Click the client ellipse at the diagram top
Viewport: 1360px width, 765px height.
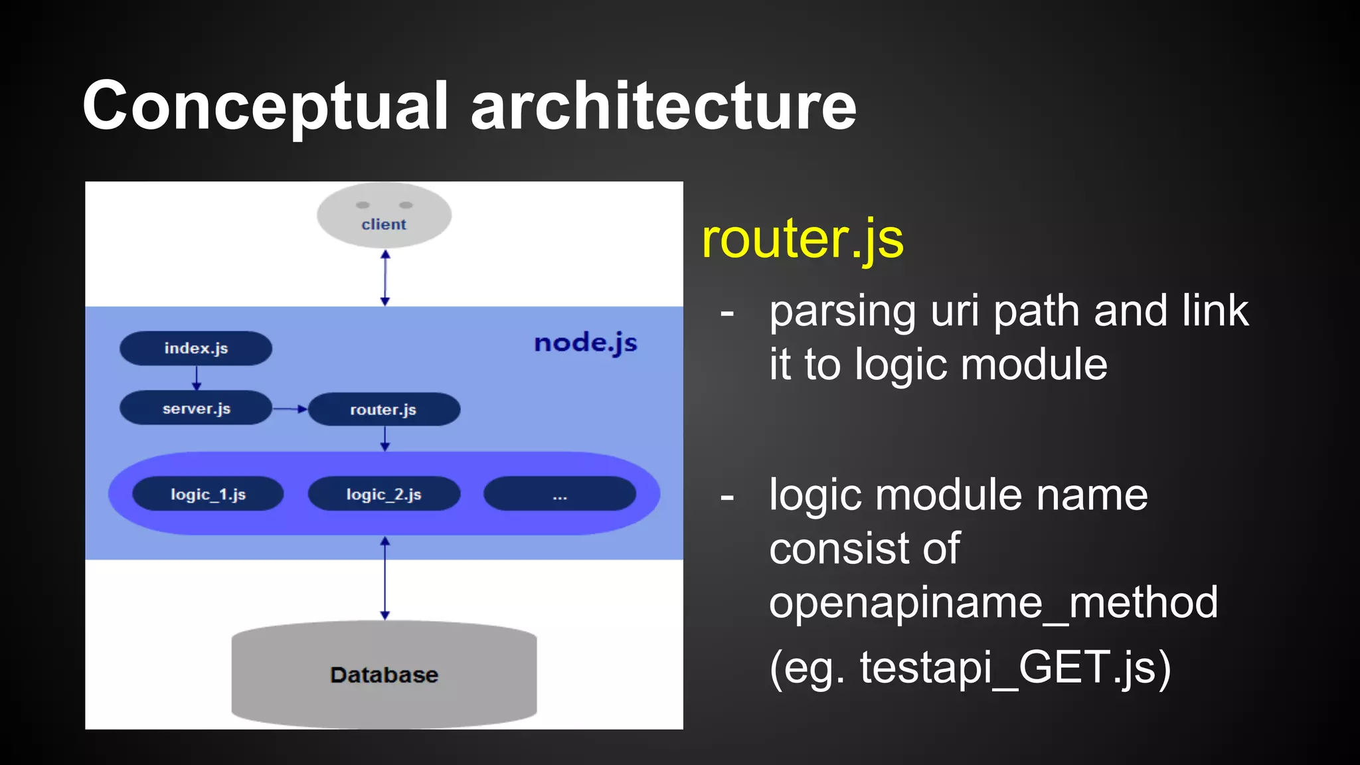pyautogui.click(x=384, y=215)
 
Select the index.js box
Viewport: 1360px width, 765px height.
pyautogui.click(x=196, y=348)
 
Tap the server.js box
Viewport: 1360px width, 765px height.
pyautogui.click(x=196, y=408)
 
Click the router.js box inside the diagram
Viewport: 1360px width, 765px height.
pyautogui.click(x=384, y=409)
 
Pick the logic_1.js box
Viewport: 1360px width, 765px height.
pyautogui.click(x=208, y=494)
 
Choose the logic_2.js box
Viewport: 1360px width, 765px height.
pyautogui.click(x=384, y=494)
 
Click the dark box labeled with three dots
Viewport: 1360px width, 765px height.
pyautogui.click(x=560, y=494)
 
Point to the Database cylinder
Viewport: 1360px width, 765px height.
pyautogui.click(x=384, y=675)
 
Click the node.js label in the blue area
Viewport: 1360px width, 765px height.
pyautogui.click(x=585, y=343)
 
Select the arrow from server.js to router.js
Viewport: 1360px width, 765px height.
pyautogui.click(x=290, y=409)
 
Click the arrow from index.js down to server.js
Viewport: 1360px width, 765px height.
pyautogui.click(x=196, y=378)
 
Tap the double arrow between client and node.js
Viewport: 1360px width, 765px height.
pyautogui.click(x=384, y=278)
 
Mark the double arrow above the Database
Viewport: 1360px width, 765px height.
pyautogui.click(x=384, y=578)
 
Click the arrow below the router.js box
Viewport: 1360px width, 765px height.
pyautogui.click(x=384, y=438)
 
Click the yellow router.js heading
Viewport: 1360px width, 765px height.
pyautogui.click(x=802, y=239)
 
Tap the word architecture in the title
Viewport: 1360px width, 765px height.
pyautogui.click(x=663, y=106)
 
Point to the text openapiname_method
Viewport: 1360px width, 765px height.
pyautogui.click(x=993, y=602)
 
